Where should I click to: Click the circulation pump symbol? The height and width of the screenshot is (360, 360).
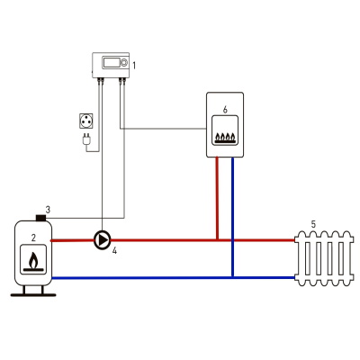(x=103, y=240)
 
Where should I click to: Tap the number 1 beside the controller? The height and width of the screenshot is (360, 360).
(x=134, y=65)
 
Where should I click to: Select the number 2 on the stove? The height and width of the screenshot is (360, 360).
(x=33, y=238)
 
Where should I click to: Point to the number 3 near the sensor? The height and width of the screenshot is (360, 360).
(x=48, y=210)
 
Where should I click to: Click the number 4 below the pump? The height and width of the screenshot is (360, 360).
(x=114, y=251)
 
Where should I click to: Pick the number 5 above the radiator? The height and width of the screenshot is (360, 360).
(x=313, y=224)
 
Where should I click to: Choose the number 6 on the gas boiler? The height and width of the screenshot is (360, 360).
(x=225, y=110)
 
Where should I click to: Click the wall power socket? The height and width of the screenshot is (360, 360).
(x=86, y=121)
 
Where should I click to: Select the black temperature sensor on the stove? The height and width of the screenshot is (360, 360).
(x=40, y=218)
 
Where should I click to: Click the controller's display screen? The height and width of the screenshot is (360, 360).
(x=111, y=63)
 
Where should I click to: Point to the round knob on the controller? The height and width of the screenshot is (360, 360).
(x=123, y=63)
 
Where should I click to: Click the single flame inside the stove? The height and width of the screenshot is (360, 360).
(x=34, y=260)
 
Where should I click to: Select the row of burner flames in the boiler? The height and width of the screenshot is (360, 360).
(x=225, y=138)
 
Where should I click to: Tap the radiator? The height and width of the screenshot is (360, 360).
(x=324, y=258)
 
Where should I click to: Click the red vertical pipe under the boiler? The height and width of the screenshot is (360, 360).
(x=217, y=198)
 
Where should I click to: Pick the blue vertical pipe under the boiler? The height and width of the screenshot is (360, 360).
(x=232, y=217)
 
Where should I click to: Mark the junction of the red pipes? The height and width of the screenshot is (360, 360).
(x=217, y=240)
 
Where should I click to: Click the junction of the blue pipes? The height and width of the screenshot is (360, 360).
(x=232, y=278)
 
